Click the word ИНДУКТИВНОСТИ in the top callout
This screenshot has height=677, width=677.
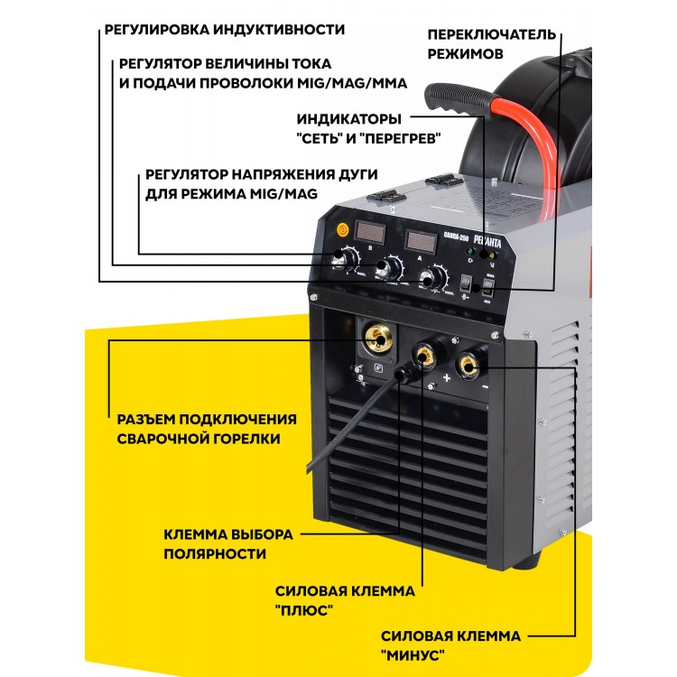[x=279, y=30]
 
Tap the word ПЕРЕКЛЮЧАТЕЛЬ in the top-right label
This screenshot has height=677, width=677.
[x=492, y=34]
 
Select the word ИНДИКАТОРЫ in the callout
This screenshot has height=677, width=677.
[x=348, y=119]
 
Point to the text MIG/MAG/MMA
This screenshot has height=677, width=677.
[x=352, y=83]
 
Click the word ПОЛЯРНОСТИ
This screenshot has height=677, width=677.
[x=215, y=553]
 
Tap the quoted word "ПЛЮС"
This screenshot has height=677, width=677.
[x=304, y=610]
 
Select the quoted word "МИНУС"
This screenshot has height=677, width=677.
[x=413, y=655]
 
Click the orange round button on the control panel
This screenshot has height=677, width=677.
[x=342, y=229]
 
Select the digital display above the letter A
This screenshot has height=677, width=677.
[x=421, y=240]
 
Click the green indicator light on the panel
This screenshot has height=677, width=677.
[x=469, y=251]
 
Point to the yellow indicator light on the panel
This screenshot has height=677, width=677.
[x=492, y=255]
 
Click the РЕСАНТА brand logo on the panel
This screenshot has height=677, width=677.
[x=487, y=241]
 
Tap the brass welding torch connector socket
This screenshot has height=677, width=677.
[x=379, y=339]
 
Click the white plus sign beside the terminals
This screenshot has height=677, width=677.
[x=447, y=378]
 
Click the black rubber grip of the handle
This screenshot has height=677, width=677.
[x=459, y=99]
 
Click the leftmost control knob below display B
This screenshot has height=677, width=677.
[x=346, y=258]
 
